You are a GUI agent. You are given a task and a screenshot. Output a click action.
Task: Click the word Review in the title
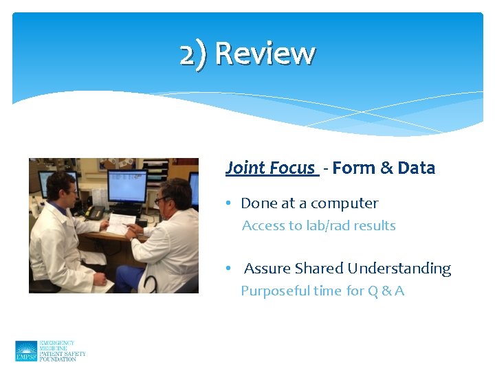click(265, 54)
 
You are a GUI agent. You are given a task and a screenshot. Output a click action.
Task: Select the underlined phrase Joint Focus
click(270, 168)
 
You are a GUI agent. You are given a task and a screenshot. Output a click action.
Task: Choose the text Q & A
click(386, 291)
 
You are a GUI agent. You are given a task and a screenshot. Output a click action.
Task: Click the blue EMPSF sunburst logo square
click(26, 351)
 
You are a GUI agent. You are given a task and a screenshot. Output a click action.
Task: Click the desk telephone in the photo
click(94, 212)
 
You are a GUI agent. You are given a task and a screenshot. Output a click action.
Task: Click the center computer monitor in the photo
click(126, 186)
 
